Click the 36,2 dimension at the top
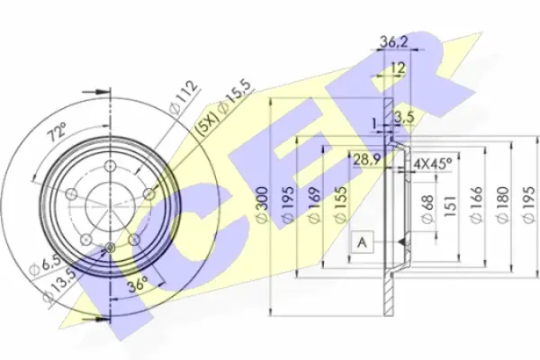click(394, 42)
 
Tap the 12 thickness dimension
click(398, 67)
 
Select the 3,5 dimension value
click(403, 117)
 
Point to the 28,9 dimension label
click(367, 159)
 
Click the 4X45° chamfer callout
click(433, 164)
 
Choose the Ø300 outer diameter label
click(263, 205)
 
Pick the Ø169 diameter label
click(313, 205)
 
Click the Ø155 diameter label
click(339, 205)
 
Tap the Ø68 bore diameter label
click(427, 210)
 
